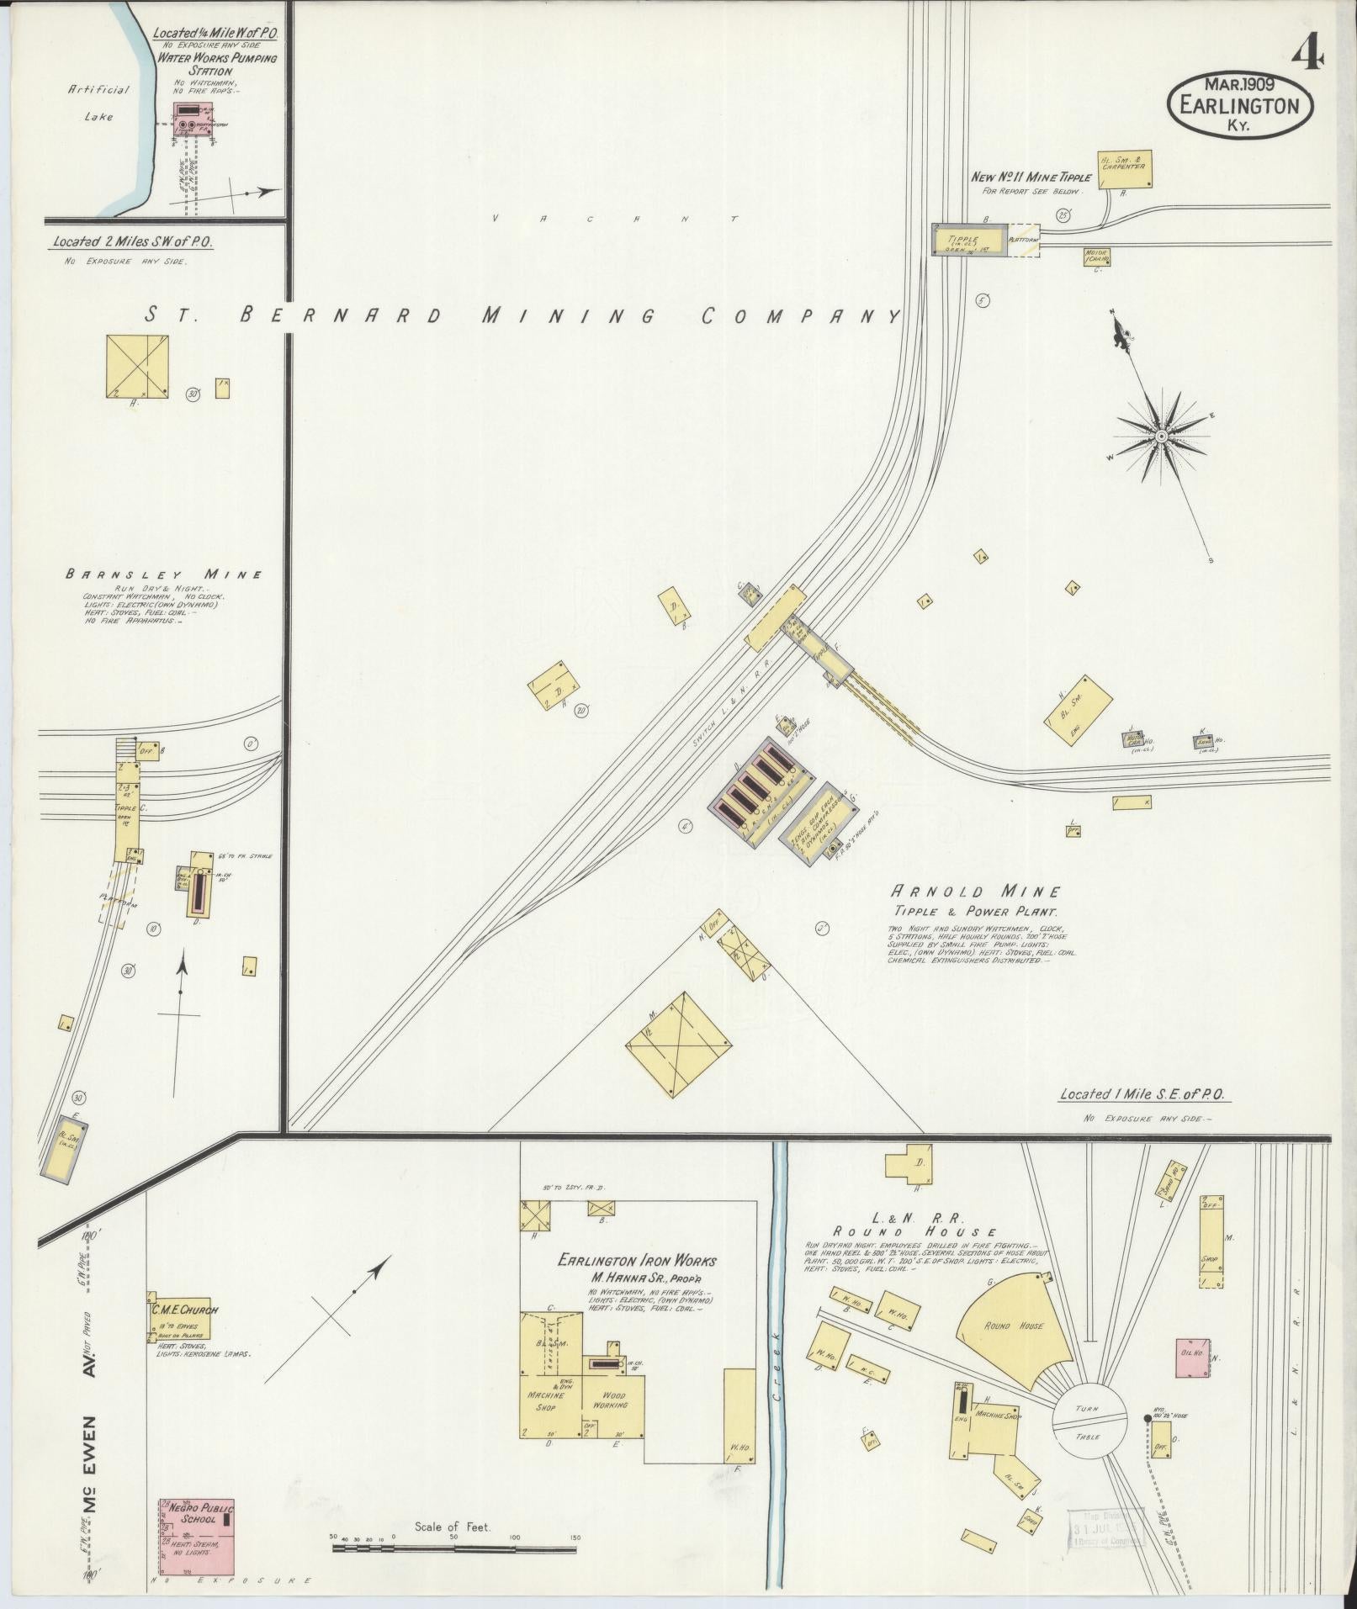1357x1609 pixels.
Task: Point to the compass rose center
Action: coord(1161,436)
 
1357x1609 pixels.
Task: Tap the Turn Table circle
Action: coord(1089,1422)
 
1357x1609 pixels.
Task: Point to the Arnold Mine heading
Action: coord(976,892)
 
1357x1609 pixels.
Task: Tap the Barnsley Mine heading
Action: coord(164,575)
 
